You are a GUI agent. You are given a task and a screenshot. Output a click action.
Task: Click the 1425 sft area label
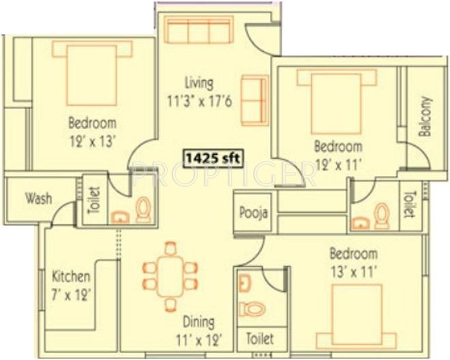coord(213,158)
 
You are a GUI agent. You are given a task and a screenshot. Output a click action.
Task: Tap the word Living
coord(199,84)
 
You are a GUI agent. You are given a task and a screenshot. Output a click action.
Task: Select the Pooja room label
coord(254,213)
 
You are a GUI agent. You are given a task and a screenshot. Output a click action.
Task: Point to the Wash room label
coord(39,198)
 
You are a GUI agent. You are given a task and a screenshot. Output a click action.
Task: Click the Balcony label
coord(425,117)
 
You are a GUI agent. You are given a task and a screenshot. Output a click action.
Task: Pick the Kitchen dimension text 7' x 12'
coord(71,295)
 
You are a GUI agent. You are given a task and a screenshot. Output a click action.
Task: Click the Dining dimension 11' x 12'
coord(199,340)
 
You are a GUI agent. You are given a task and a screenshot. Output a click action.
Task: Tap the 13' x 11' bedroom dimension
coord(353,271)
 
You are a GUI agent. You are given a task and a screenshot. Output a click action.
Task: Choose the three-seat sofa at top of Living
coord(198,30)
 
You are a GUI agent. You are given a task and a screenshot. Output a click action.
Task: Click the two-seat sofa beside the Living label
coord(255,100)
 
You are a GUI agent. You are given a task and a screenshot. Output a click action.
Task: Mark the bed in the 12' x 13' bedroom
coord(92,73)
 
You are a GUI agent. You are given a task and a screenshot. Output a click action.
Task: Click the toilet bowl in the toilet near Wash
coord(142,209)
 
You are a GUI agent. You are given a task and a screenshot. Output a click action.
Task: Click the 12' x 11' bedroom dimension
coord(338,165)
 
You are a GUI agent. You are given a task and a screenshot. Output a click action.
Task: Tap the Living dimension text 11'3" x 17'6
coord(200,101)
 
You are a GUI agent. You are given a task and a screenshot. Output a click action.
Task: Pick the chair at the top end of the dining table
coord(170,249)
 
